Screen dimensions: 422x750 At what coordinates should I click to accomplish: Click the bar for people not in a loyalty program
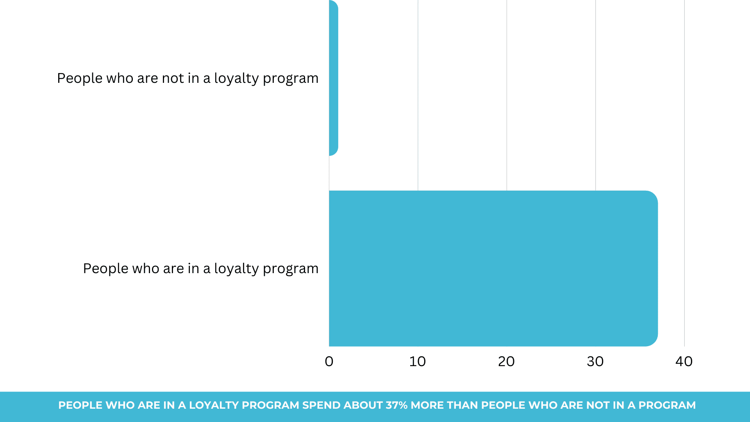[334, 78]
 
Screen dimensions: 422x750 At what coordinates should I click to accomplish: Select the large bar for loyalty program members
[493, 268]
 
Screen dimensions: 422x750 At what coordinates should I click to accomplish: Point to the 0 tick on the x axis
[329, 361]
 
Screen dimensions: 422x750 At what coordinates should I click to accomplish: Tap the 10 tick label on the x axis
[418, 361]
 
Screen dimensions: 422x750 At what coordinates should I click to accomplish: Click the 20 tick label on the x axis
[506, 361]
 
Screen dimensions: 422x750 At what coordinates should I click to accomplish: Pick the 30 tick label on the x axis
[595, 361]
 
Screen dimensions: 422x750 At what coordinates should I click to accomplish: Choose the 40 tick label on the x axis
[684, 361]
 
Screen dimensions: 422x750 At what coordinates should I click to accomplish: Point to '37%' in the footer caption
[396, 405]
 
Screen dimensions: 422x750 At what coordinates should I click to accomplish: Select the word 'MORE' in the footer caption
[425, 405]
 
